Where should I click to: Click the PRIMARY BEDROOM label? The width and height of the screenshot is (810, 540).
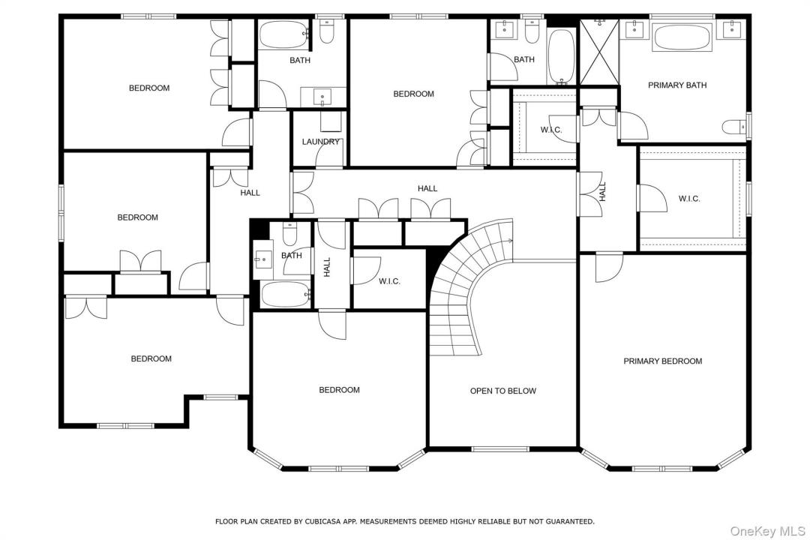click(x=663, y=361)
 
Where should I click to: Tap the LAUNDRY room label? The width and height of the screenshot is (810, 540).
click(x=321, y=142)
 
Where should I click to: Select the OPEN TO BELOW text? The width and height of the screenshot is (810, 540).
click(x=503, y=391)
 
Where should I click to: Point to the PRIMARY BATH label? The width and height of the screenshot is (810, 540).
click(x=677, y=85)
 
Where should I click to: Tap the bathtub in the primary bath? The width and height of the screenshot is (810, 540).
click(x=682, y=37)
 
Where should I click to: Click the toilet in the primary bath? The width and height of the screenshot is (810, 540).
click(x=734, y=127)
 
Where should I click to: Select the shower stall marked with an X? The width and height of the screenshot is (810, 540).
click(x=599, y=52)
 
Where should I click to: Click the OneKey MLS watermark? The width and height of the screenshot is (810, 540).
click(x=768, y=531)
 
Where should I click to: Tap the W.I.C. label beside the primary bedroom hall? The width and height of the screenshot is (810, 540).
click(x=689, y=199)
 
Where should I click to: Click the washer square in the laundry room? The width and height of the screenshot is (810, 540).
click(x=331, y=122)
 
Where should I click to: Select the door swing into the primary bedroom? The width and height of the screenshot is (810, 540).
click(x=609, y=267)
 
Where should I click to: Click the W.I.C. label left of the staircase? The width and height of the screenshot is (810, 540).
click(x=389, y=282)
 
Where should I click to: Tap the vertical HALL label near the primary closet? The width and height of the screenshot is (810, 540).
click(x=602, y=192)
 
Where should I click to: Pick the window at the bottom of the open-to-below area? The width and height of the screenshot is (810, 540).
click(x=500, y=449)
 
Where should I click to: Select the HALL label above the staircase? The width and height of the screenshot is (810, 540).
click(x=427, y=189)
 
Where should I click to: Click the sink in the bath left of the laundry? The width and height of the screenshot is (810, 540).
click(x=322, y=97)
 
